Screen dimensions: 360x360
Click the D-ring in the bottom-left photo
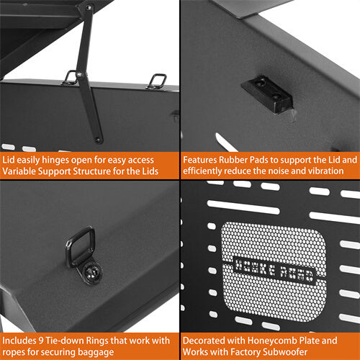point(80,245)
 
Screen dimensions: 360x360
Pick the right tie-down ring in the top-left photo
point(157,81)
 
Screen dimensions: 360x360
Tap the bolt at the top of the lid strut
point(89,9)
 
